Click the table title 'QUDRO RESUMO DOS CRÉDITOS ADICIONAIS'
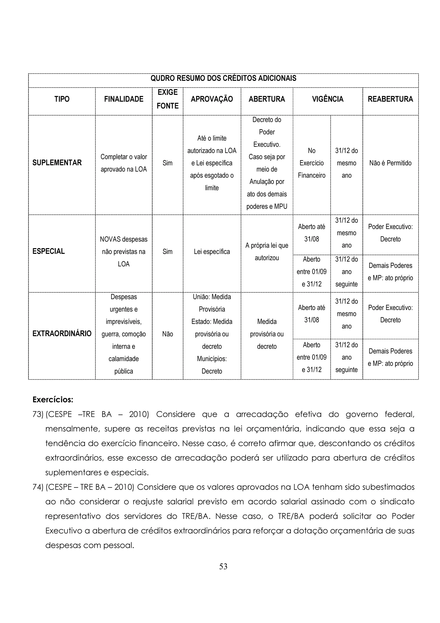tap(223, 78)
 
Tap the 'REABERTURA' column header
tap(390, 99)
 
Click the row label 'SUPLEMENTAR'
tap(57, 163)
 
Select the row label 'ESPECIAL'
tap(49, 252)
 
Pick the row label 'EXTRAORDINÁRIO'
tap(62, 334)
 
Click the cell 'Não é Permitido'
tap(390, 163)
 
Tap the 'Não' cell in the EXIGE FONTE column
tap(168, 334)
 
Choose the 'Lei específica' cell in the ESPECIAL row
tap(212, 252)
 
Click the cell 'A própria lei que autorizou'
tap(267, 252)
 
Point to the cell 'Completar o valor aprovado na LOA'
tap(124, 163)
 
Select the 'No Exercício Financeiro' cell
tap(312, 163)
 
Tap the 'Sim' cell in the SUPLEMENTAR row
tap(168, 163)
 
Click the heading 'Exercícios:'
tap(53, 400)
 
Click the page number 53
tap(223, 566)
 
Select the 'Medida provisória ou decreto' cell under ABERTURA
tap(267, 334)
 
